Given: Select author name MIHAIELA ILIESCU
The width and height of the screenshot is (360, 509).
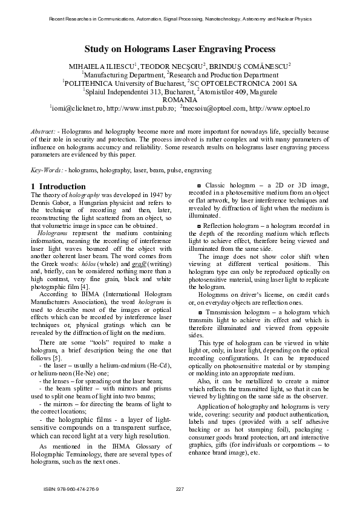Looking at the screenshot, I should pyautogui.click(x=103, y=65).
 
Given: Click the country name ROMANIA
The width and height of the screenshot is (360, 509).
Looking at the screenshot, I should pyautogui.click(x=180, y=100).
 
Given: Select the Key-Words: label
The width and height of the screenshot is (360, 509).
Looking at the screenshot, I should pyautogui.click(x=47, y=171).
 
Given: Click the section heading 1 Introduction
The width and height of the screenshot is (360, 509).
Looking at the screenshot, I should pyautogui.click(x=58, y=186).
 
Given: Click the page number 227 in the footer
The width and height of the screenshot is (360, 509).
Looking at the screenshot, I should pyautogui.click(x=180, y=489).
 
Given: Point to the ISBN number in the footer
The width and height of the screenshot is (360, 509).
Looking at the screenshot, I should pyautogui.click(x=71, y=489).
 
